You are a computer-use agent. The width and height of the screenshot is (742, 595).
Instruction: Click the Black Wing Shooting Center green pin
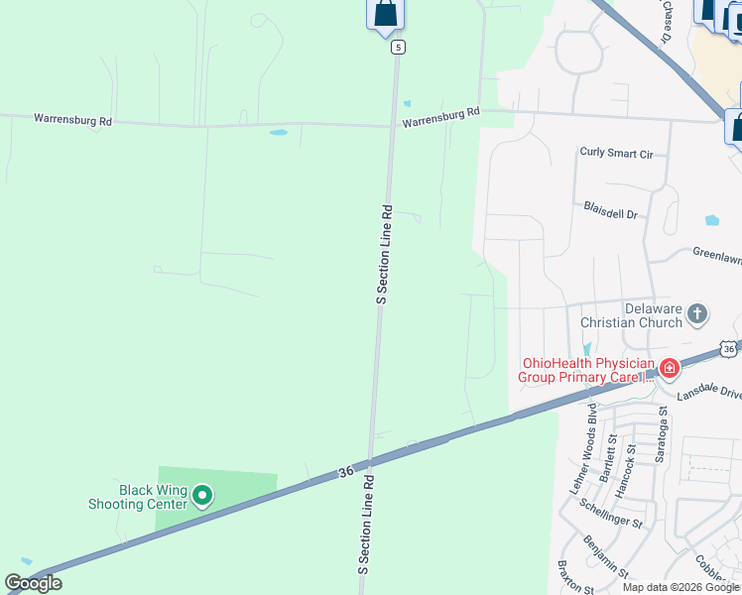pyautogui.click(x=202, y=494)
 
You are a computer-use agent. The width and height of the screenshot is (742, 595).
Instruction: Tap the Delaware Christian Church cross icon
pyautogui.click(x=697, y=314)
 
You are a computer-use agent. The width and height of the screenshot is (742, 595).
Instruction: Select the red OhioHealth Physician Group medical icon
pyautogui.click(x=670, y=369)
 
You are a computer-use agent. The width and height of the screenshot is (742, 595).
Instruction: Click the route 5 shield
pyautogui.click(x=397, y=47)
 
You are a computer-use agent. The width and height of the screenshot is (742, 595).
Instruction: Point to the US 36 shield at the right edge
pyautogui.click(x=730, y=349)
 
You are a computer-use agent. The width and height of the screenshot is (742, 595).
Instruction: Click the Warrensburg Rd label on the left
pyautogui.click(x=73, y=120)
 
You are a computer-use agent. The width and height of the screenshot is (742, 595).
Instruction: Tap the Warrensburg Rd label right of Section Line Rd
pyautogui.click(x=440, y=118)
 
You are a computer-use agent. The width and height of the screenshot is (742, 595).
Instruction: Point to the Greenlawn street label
pyautogui.click(x=716, y=256)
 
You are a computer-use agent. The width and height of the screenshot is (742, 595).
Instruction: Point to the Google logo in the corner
pyautogui.click(x=33, y=583)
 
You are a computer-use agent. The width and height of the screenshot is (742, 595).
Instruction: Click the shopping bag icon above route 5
pyautogui.click(x=385, y=14)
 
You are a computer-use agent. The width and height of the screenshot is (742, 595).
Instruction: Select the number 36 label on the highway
pyautogui.click(x=344, y=474)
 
